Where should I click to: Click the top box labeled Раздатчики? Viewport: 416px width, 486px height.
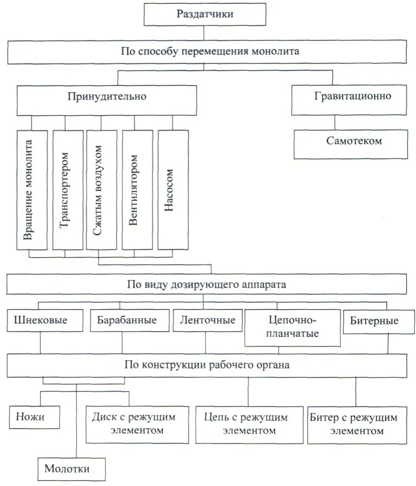point(204,14)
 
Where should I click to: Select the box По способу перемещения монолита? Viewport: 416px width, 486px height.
point(210,53)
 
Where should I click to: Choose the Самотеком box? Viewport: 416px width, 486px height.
point(354,141)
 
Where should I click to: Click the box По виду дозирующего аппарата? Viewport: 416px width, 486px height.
point(210,285)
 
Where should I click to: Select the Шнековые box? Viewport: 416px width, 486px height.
point(40,321)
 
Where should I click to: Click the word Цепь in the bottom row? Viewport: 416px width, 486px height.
point(214,418)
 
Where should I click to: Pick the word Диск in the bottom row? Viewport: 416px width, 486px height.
point(103,418)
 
